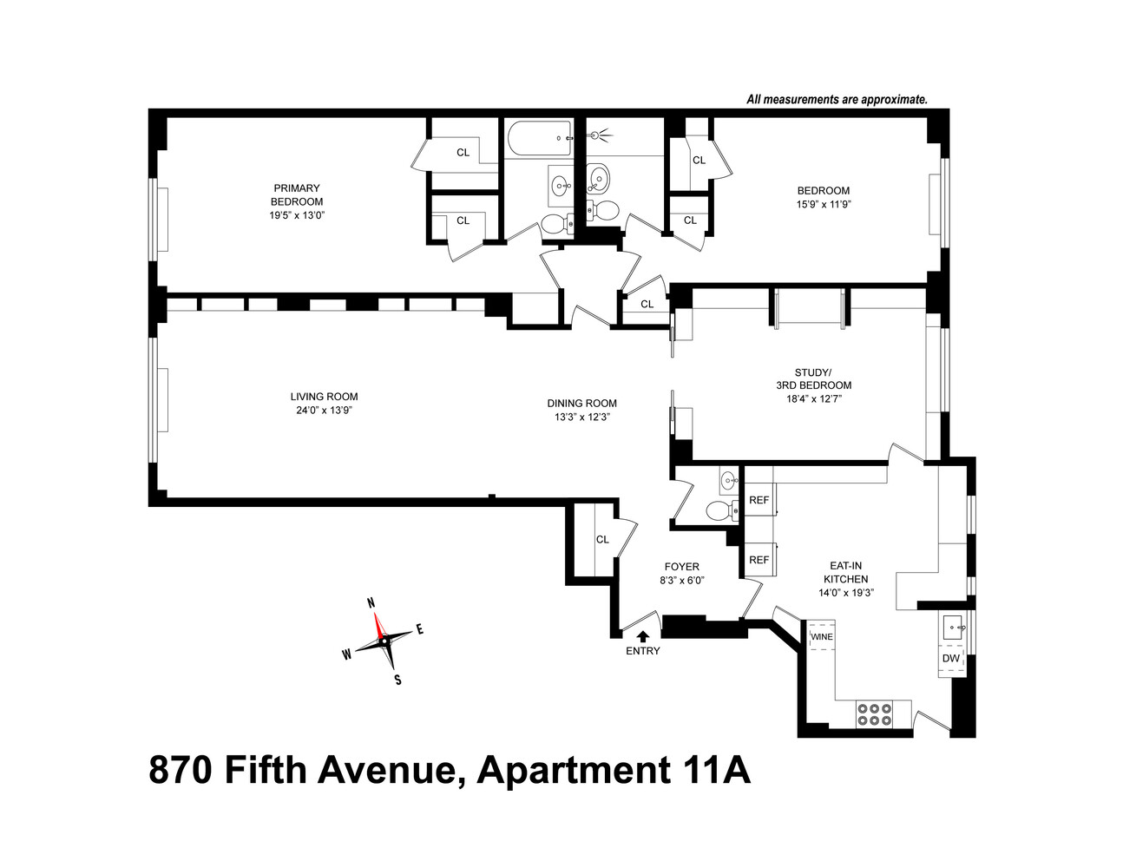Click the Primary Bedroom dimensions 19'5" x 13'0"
(297, 215)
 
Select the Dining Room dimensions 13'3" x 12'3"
(581, 417)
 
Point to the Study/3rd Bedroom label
(812, 379)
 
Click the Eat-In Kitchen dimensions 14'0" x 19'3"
(845, 593)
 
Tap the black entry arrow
(642, 638)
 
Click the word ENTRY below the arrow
(642, 651)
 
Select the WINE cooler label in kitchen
(821, 637)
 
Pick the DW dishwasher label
(950, 659)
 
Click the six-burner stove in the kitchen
(874, 713)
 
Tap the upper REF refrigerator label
(759, 500)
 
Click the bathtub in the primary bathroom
(538, 138)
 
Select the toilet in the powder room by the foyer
(719, 510)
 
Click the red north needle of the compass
(378, 625)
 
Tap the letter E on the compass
(420, 630)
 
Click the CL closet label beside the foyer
(602, 539)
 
